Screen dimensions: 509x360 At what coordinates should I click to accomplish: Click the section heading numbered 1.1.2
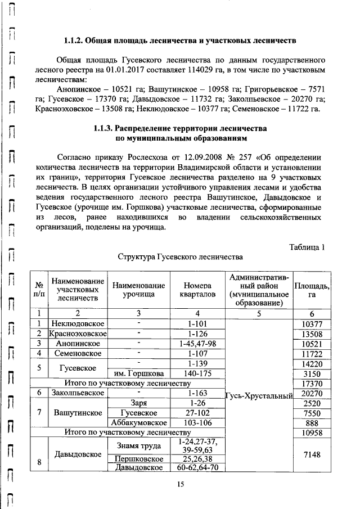click(179, 42)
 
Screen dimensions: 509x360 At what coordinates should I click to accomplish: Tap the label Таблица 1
click(307, 247)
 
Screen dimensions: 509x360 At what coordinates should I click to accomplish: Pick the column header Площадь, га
click(312, 290)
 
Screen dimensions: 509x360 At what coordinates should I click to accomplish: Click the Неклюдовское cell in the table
click(77, 323)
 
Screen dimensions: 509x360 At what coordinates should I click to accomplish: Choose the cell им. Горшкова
click(138, 373)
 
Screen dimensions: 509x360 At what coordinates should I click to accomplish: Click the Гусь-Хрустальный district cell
click(259, 396)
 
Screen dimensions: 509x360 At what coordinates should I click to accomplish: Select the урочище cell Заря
click(138, 403)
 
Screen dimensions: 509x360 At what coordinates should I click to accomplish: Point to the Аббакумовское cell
click(138, 422)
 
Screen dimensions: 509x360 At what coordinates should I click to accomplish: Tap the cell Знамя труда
click(138, 446)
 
